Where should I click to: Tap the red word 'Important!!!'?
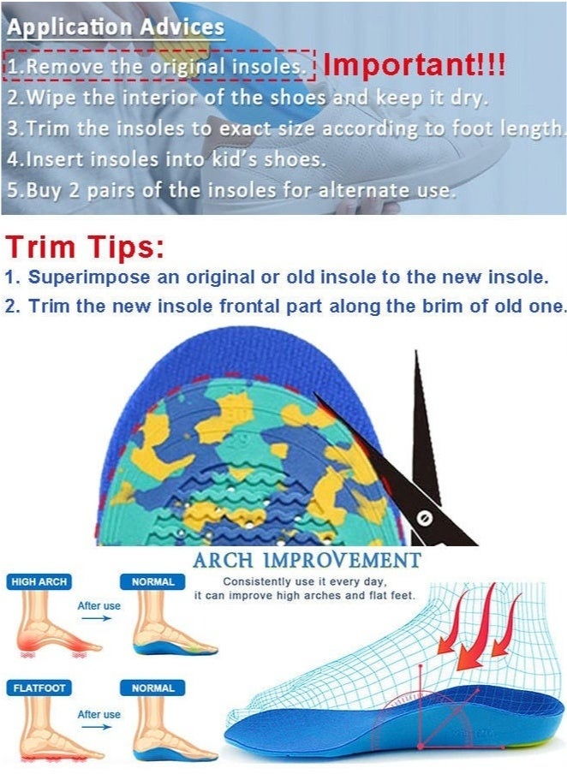415,64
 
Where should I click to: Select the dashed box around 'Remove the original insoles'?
160,65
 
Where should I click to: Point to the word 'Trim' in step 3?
51,129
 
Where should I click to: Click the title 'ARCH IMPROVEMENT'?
307,562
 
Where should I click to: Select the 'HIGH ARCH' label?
39,582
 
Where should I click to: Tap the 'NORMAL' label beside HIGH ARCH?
153,582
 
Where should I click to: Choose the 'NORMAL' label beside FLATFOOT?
153,688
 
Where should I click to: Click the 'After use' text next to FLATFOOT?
99,714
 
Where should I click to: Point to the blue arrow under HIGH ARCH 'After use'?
99,620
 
